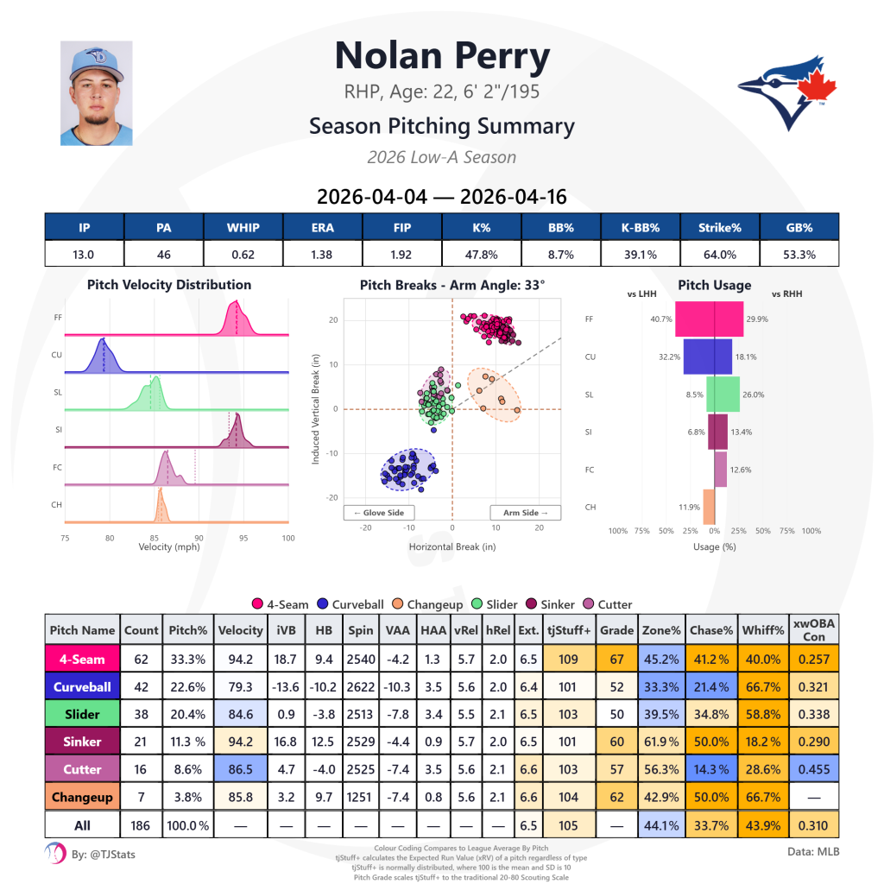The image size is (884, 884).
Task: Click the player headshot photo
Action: click(x=96, y=93)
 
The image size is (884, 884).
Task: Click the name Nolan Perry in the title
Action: click(x=442, y=56)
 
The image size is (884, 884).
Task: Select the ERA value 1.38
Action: click(x=323, y=255)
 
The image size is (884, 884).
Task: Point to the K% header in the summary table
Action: click(x=482, y=228)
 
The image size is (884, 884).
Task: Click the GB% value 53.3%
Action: click(x=799, y=255)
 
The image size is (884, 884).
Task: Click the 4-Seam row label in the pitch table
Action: click(x=82, y=660)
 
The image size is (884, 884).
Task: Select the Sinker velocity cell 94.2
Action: click(x=240, y=742)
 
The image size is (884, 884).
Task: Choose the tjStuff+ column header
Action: click(x=569, y=630)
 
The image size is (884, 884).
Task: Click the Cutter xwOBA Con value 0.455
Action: click(x=814, y=769)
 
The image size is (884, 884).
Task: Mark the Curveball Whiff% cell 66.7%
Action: click(x=763, y=687)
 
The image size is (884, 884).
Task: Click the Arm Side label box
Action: click(x=526, y=512)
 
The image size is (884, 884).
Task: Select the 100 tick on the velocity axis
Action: click(x=288, y=538)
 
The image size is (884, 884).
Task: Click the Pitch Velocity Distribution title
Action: click(x=169, y=285)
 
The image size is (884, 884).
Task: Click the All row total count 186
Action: click(x=141, y=825)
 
